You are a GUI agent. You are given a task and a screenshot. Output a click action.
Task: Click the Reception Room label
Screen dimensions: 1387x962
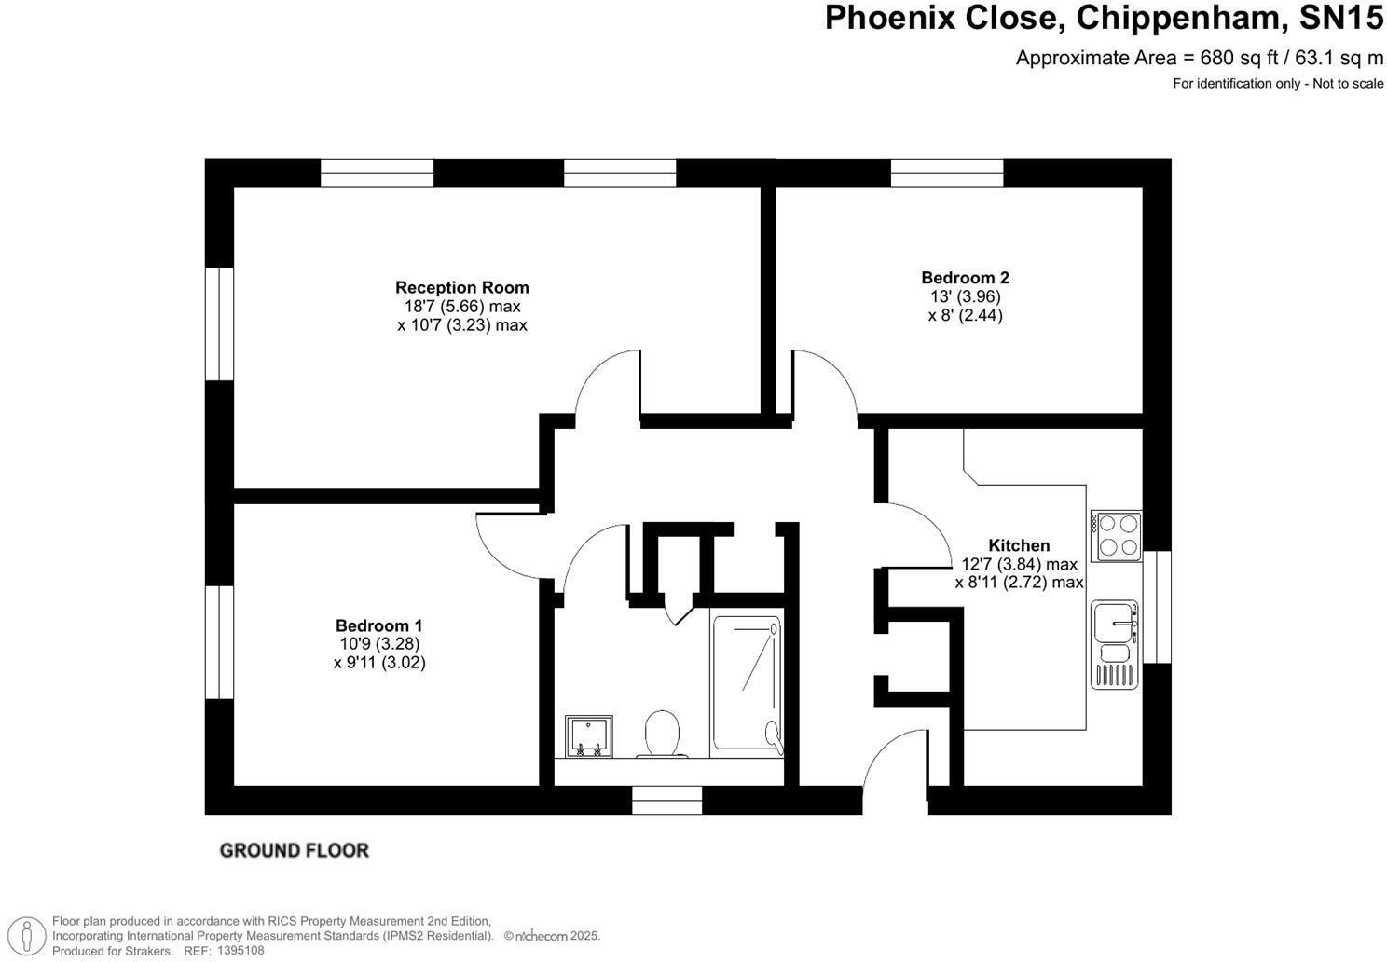tap(462, 287)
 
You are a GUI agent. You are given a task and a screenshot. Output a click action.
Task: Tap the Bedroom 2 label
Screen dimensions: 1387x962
tap(965, 278)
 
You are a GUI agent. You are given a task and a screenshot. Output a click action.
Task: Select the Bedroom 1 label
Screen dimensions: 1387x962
tap(379, 625)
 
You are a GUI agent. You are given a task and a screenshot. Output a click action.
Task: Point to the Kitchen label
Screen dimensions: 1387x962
tap(1019, 545)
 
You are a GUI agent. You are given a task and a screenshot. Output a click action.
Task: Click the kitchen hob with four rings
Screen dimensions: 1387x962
tap(1116, 536)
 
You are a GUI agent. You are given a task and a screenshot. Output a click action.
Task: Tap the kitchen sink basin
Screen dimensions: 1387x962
tap(1115, 622)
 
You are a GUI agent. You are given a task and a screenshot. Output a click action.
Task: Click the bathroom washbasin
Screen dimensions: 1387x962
tap(589, 736)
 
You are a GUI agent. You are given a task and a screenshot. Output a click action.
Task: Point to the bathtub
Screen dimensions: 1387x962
tap(747, 682)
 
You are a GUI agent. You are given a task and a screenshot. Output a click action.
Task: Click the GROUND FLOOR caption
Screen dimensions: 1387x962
tap(295, 850)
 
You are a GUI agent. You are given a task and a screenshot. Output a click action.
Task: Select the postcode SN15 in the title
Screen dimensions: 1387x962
tap(1340, 18)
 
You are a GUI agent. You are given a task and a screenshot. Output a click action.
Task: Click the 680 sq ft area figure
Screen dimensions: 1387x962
tap(1239, 58)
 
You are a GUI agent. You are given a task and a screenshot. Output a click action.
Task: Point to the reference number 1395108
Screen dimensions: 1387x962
tap(240, 950)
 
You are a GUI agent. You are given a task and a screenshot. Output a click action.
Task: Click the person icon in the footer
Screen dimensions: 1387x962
tap(27, 935)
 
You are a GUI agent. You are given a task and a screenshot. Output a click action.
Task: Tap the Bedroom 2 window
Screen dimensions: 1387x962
tap(947, 173)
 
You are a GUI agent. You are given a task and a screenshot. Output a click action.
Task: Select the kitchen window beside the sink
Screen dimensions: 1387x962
tap(1157, 607)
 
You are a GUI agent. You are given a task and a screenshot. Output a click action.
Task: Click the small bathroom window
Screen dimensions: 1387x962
tap(666, 801)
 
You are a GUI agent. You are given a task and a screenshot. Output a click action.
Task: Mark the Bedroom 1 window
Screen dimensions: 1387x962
tap(219, 642)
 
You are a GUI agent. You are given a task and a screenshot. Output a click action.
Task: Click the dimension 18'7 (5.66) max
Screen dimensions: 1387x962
tap(462, 307)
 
